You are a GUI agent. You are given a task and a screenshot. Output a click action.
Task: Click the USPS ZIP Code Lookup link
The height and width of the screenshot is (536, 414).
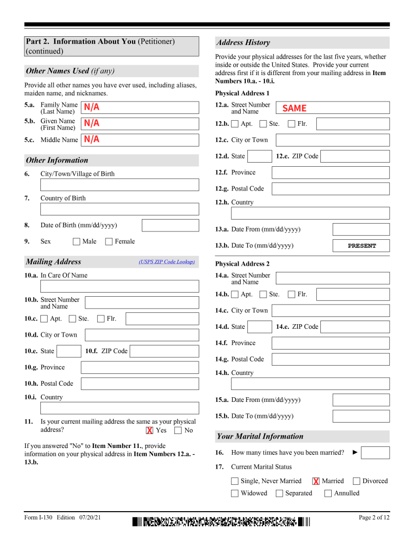pos(167,262)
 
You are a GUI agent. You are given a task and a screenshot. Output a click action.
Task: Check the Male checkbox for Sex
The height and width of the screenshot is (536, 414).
pos(77,241)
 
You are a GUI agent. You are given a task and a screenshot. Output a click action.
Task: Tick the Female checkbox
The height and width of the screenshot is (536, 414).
pos(109,241)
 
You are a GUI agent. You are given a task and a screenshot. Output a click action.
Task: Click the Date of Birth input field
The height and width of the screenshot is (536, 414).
pos(170,225)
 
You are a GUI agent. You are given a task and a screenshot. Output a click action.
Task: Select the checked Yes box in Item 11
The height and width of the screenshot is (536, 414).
pos(150,430)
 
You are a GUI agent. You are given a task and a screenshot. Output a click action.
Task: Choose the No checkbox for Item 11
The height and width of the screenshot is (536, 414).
pos(178,430)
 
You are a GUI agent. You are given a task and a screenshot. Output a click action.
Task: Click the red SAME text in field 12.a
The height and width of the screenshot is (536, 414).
pos(294,108)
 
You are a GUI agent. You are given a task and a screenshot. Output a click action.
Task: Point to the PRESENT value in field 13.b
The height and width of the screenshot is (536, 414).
pos(361,246)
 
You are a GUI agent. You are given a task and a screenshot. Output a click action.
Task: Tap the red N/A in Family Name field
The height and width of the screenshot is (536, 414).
pos(92,107)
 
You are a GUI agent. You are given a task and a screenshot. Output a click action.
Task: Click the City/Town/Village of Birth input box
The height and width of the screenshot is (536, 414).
pos(120,185)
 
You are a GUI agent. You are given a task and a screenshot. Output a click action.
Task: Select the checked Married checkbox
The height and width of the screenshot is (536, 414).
pos(316,481)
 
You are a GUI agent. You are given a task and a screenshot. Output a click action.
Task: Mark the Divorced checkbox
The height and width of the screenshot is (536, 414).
pos(357,481)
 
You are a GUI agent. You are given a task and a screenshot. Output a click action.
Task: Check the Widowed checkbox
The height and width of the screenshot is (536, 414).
pos(235,494)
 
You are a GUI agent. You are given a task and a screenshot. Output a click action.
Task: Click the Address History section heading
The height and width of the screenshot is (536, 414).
pos(243,42)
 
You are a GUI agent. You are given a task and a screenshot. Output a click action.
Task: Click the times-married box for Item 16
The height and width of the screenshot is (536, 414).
pos(375,453)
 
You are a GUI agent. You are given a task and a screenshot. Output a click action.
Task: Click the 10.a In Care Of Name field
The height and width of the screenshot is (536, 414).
pos(120,286)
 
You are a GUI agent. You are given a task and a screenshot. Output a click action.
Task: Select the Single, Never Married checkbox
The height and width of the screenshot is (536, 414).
pos(235,481)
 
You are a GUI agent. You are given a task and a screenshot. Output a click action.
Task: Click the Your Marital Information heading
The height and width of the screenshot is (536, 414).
pos(260,436)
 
